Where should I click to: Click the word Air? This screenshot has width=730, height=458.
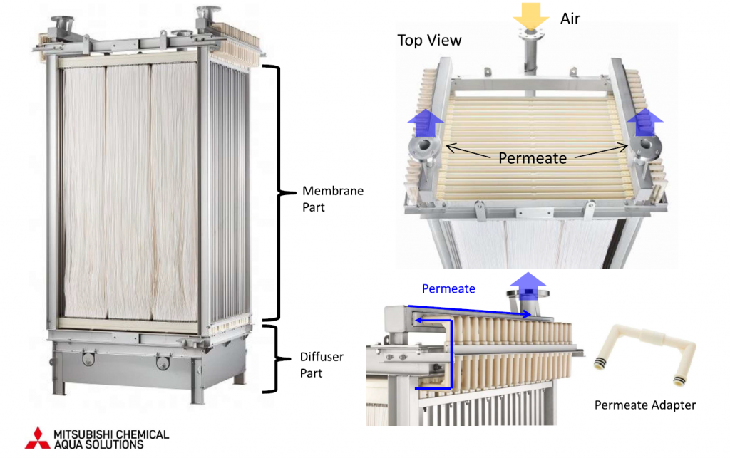pos(570,18)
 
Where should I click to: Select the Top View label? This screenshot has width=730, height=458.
pos(429,40)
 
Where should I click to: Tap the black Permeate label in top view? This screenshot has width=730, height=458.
pos(533,157)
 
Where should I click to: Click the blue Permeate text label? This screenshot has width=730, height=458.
pos(448,288)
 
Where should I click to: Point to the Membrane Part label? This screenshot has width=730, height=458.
pos(333,199)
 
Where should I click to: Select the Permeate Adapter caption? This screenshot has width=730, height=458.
pos(644,405)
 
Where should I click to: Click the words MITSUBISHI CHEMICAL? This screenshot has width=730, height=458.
pos(112,434)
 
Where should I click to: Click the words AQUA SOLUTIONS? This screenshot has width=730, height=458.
pos(99,444)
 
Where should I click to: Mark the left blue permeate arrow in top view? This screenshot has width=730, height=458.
pos(421,125)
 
